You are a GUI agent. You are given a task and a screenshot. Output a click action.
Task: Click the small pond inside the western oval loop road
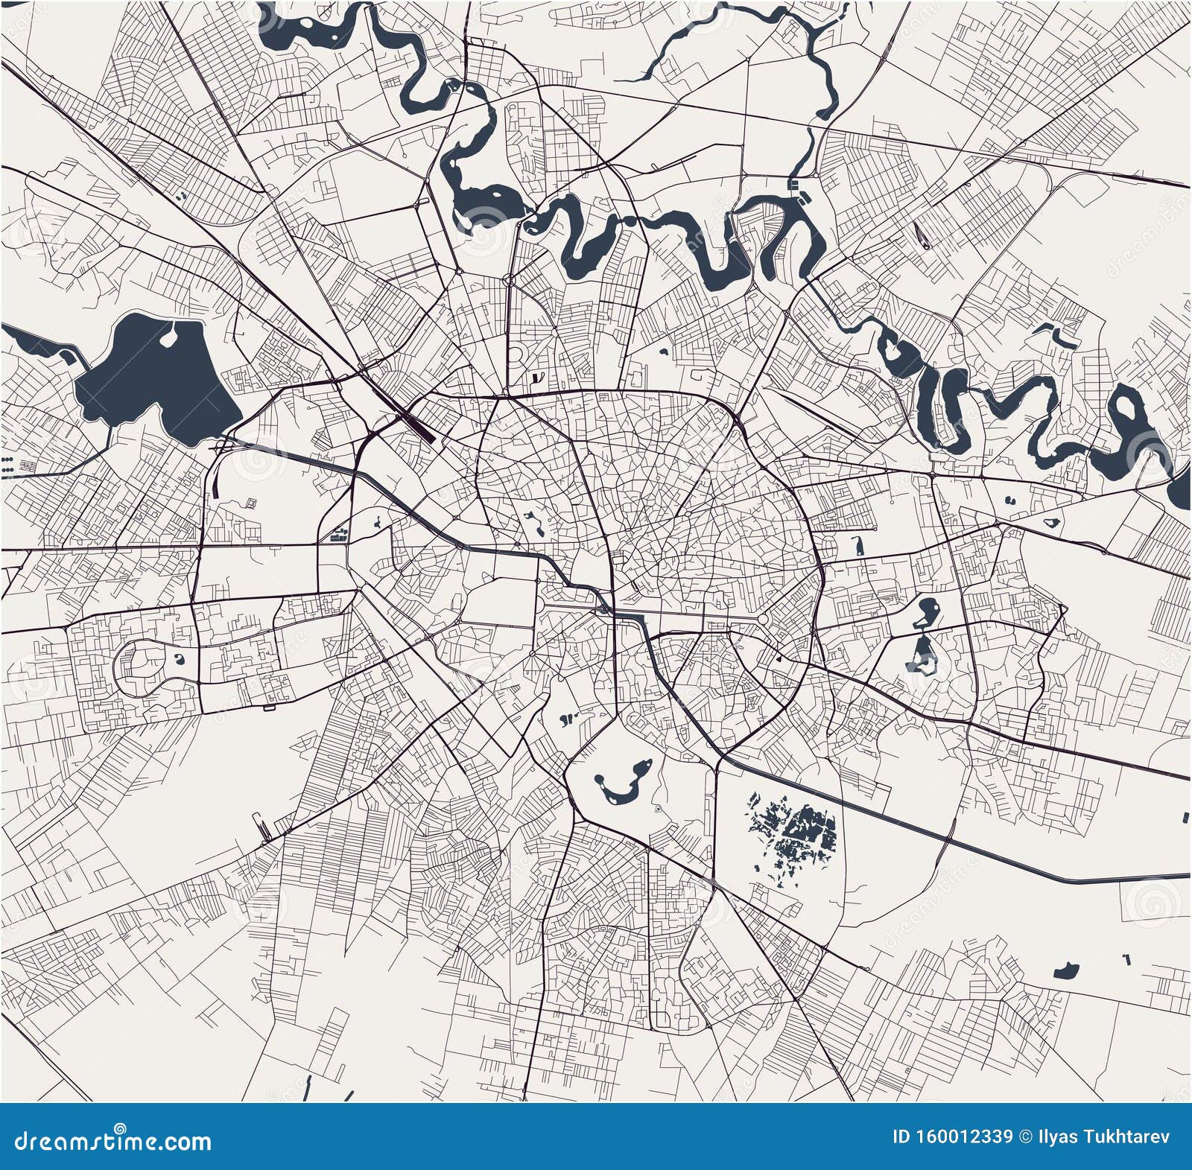pos(179,658)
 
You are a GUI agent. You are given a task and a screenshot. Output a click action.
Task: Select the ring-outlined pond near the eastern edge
pos(1052,522)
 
